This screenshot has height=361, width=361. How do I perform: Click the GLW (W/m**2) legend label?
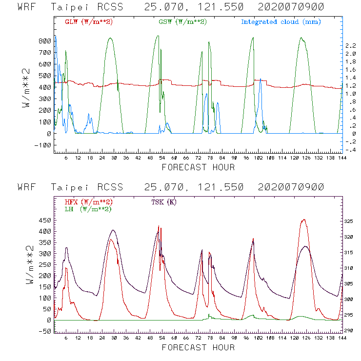point(86,22)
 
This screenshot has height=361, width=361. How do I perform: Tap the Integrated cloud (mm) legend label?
point(281,22)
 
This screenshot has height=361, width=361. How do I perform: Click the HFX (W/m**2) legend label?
point(86,202)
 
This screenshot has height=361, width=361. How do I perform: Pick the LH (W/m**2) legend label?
point(88,209)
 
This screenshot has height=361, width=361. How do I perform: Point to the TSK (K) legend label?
point(164,202)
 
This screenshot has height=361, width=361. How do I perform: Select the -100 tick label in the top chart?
point(43,145)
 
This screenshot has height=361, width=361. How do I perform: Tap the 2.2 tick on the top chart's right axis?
point(350,45)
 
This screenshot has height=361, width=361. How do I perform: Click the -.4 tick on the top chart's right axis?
point(350,150)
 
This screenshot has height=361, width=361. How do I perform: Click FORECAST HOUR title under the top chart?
point(198,167)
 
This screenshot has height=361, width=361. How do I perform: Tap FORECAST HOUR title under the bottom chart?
point(198,348)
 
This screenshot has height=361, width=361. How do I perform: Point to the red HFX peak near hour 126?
point(304,220)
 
